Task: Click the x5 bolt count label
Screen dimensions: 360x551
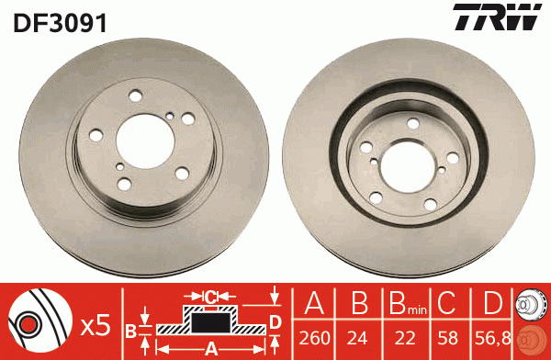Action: (x=95, y=324)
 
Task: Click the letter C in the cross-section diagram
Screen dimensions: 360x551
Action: (x=209, y=296)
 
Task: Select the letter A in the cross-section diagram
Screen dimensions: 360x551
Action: (x=210, y=348)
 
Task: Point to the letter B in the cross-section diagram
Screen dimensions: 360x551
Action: (x=130, y=328)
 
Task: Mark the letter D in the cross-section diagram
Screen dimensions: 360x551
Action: (x=275, y=320)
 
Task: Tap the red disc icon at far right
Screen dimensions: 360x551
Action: (x=532, y=339)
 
